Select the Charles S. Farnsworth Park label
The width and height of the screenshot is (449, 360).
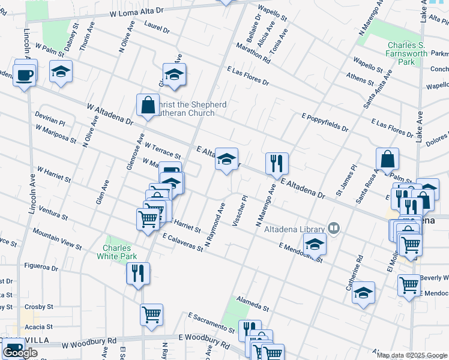click(408, 53)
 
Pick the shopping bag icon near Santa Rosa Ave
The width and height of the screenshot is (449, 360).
click(388, 160)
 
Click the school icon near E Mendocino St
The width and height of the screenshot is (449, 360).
click(314, 244)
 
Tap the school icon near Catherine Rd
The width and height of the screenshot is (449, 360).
click(363, 293)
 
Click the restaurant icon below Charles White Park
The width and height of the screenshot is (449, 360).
click(138, 274)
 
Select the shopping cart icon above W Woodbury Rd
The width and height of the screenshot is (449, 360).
click(151, 315)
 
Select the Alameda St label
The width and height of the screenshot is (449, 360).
click(253, 304)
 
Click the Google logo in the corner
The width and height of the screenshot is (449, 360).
click(20, 353)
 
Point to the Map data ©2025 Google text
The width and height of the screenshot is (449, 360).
click(412, 355)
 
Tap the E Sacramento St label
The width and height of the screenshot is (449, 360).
click(211, 323)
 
